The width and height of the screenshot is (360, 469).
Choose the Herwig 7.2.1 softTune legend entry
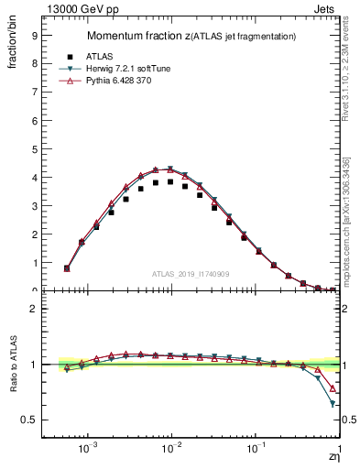(138, 69)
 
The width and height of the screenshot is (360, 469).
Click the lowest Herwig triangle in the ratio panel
(333, 403)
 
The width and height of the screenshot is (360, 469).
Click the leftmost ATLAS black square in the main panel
(67, 268)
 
